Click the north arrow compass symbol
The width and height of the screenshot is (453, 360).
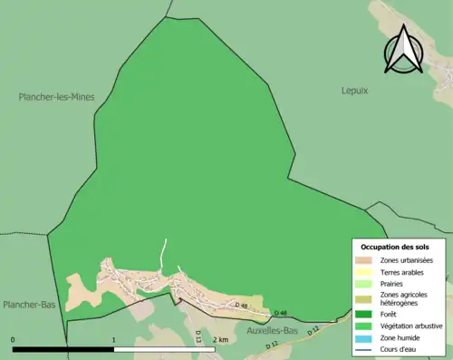pos(404,50)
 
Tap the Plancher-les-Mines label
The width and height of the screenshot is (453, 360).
pos(57,96)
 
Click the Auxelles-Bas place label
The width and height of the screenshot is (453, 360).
pos(273,331)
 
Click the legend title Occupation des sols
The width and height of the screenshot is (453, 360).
pos(395,247)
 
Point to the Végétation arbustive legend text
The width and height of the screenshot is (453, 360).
pos(411,325)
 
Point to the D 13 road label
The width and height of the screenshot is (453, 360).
pos(198,335)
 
